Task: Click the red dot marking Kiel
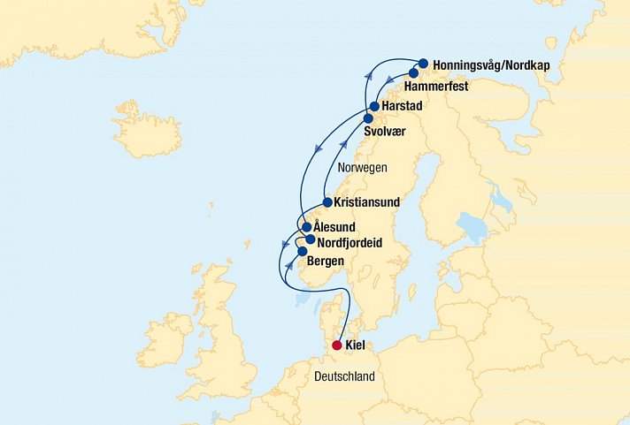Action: tap(337, 346)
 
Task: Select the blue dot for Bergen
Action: tap(302, 252)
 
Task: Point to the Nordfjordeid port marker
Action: tap(311, 239)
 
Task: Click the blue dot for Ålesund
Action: tap(307, 227)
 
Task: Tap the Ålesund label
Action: tap(334, 227)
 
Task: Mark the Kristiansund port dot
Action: tap(327, 202)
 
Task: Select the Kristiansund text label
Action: tap(367, 202)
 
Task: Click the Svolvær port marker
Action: tap(368, 118)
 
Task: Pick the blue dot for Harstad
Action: tap(375, 106)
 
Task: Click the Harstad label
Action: tap(403, 106)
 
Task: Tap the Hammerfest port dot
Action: tap(413, 73)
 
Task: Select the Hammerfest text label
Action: tap(434, 87)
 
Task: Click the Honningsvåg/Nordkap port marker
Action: tap(424, 63)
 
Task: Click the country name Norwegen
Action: tap(365, 167)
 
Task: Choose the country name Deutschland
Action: tap(345, 377)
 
